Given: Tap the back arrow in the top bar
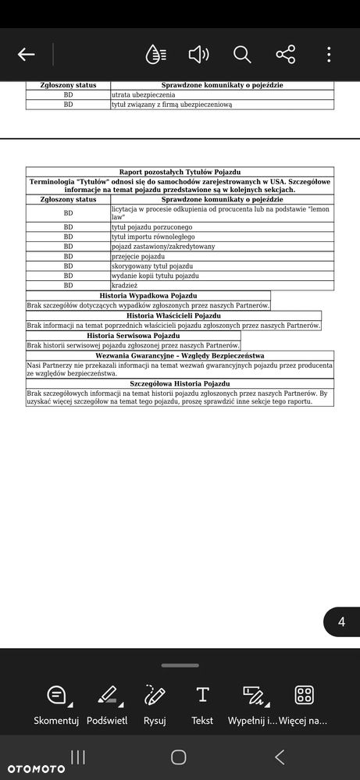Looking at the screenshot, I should point(27,54).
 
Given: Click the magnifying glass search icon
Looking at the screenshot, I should point(242,54).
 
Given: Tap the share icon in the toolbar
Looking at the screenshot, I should point(286,54).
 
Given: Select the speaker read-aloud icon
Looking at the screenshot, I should point(198,54).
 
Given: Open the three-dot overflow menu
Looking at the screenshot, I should point(329,54).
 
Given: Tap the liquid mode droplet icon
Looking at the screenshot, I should point(155,54).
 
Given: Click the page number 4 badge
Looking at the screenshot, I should point(341,622).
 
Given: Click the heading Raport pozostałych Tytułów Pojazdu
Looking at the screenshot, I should point(180,171).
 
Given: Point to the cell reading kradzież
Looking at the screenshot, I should point(126,286).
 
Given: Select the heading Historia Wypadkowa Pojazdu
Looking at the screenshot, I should point(148,296).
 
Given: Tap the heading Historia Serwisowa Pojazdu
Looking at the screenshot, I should point(134,335).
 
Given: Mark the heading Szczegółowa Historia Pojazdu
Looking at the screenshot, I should point(180,384).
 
